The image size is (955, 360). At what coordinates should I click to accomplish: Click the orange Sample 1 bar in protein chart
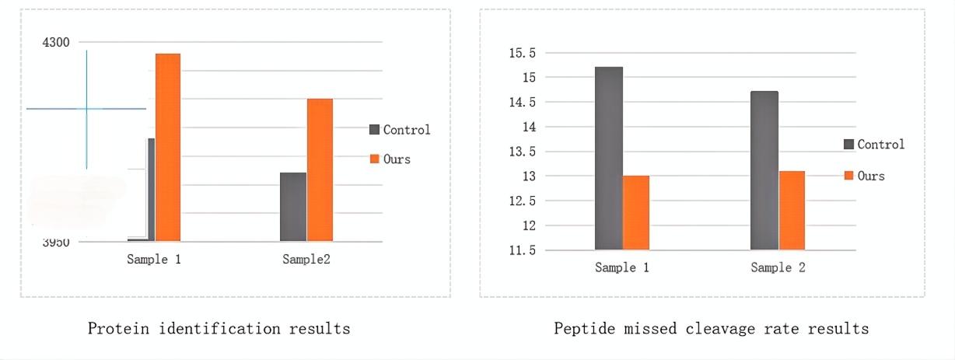(168, 147)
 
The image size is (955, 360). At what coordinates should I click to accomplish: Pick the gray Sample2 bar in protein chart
(293, 206)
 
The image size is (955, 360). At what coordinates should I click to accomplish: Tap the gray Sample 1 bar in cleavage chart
(609, 159)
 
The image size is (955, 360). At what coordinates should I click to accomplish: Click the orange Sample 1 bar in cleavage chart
(636, 212)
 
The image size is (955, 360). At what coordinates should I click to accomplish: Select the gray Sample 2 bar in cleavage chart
(764, 170)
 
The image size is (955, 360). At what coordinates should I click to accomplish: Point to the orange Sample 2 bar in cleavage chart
(792, 210)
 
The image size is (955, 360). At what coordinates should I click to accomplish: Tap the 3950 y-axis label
(56, 242)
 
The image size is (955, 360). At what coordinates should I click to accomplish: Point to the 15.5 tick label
(522, 53)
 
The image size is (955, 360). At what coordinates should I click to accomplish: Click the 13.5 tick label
(522, 152)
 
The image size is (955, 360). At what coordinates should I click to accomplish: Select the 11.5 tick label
(522, 250)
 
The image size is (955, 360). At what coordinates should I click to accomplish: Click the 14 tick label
(529, 127)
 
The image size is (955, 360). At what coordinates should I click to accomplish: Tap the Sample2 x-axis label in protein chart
(306, 259)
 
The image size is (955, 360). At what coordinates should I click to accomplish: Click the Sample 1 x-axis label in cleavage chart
(622, 267)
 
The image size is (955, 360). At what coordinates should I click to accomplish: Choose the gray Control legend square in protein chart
(374, 130)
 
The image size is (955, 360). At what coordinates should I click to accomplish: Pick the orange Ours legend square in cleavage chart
(849, 176)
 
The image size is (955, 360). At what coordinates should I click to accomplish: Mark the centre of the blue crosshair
(86, 109)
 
